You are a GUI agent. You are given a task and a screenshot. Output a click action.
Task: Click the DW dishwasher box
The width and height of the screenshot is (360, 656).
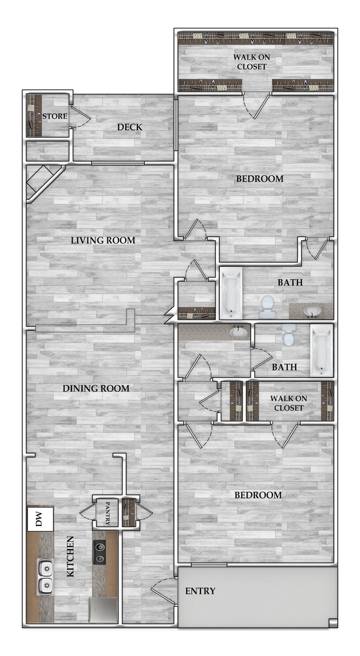click(x=40, y=519)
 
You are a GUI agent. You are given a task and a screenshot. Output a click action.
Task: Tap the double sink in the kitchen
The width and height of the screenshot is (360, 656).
click(x=45, y=576)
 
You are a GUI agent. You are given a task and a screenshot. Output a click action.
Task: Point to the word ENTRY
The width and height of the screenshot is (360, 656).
click(x=200, y=591)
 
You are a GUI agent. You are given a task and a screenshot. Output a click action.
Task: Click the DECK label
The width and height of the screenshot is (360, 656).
click(x=130, y=127)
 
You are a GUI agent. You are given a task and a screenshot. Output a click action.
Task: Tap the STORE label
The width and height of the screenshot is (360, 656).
click(x=55, y=116)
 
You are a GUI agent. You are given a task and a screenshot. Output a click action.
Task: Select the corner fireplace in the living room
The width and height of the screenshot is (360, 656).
click(x=42, y=180)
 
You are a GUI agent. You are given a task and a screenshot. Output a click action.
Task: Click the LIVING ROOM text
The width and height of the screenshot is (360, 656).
click(x=103, y=240)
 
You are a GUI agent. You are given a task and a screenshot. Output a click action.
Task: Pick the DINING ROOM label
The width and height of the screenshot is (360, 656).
click(x=96, y=389)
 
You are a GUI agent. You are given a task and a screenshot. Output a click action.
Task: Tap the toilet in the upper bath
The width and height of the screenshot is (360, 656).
click(x=268, y=306)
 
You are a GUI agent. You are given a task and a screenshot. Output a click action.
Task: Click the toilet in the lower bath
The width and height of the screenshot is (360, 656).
click(x=289, y=335)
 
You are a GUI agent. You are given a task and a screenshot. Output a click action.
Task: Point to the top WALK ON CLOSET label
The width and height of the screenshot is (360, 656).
click(x=250, y=62)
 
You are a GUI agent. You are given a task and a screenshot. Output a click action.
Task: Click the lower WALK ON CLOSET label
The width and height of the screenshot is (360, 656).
click(x=287, y=403)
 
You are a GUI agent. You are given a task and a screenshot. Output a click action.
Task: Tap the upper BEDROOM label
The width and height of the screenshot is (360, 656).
click(x=260, y=179)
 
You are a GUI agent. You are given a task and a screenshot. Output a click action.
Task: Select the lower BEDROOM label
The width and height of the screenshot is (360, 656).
click(x=258, y=495)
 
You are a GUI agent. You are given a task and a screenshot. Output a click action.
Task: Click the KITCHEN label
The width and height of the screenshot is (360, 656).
click(x=71, y=564)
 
